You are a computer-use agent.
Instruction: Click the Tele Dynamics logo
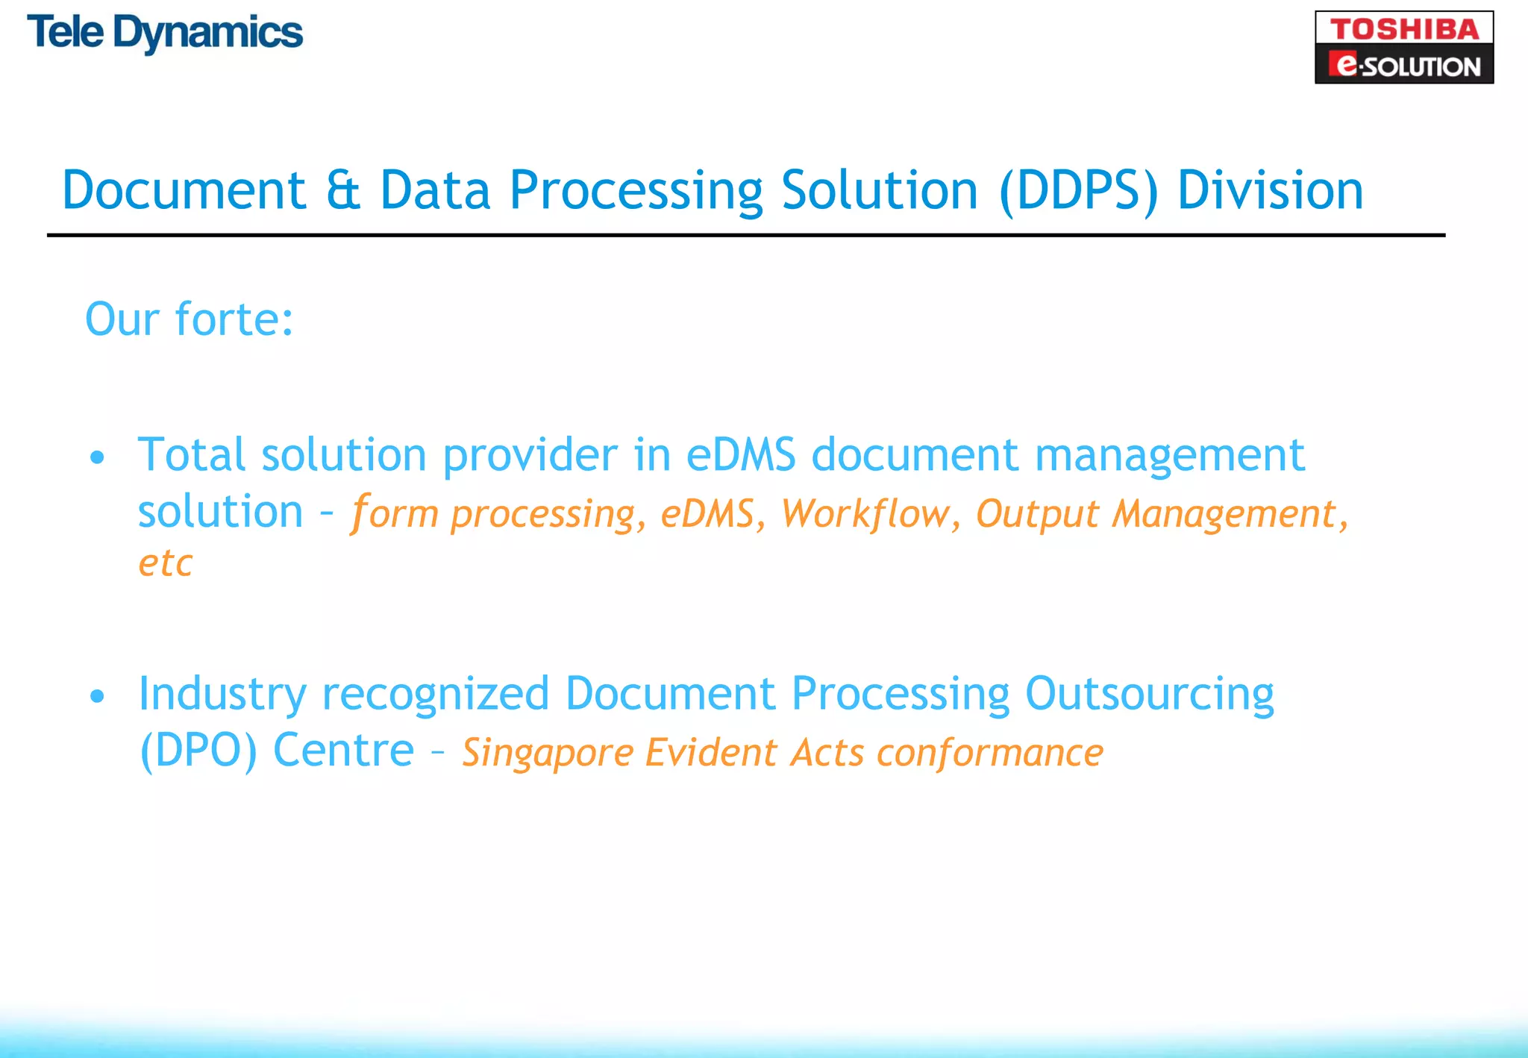pos(165,34)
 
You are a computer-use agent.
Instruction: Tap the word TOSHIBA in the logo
pos(1403,29)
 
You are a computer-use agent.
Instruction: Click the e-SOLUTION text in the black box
pos(1405,66)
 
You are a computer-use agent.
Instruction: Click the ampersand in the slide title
pos(343,191)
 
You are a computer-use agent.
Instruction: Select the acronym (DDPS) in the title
pos(1078,191)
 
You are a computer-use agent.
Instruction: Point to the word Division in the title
pos(1270,190)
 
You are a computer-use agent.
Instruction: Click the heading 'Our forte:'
pos(190,319)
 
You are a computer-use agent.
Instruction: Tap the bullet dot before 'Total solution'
pos(97,457)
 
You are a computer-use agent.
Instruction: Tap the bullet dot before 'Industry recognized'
pos(97,696)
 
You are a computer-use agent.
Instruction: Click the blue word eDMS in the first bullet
pos(741,455)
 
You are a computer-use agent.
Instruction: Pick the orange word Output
pos(1037,515)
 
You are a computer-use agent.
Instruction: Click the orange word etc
pos(166,563)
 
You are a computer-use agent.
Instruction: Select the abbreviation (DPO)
pos(198,751)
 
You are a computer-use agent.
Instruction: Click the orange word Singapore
pos(547,754)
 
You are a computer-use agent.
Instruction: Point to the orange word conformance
pos(989,752)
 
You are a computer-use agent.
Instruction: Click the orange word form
pos(395,513)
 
